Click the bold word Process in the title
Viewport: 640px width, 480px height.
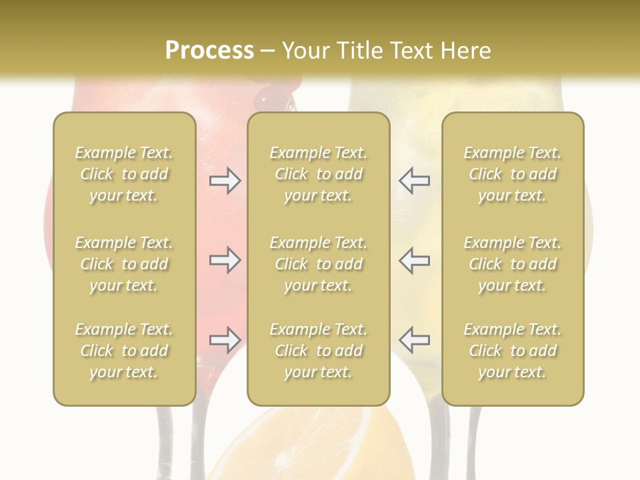coord(209,51)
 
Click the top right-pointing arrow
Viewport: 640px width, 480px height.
coord(225,181)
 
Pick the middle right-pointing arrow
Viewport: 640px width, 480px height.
coord(225,260)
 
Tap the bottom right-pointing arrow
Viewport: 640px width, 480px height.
coord(225,341)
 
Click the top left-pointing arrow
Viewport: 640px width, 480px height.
coord(414,181)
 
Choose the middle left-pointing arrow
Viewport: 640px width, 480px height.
coord(414,260)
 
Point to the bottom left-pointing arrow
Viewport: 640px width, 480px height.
coord(414,340)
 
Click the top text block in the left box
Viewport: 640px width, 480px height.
coord(124,174)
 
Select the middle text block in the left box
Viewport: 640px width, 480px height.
coord(124,264)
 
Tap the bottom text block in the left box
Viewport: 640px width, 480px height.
coord(124,351)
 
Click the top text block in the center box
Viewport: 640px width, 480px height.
coord(318,174)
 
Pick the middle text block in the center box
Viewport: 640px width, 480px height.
coord(318,264)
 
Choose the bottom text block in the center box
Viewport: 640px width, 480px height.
coord(318,351)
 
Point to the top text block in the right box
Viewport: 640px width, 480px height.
coord(512,174)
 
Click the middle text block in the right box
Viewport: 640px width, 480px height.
coord(512,264)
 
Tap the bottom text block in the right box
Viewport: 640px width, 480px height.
coord(512,351)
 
